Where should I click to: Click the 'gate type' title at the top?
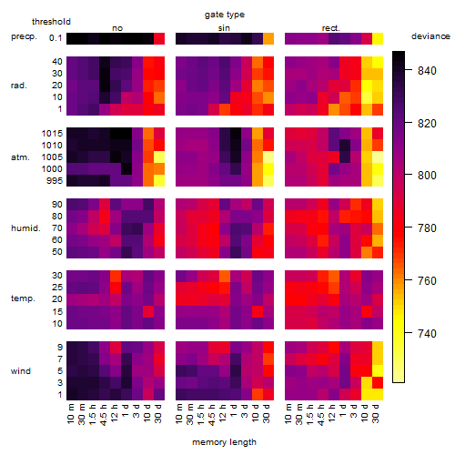(225, 15)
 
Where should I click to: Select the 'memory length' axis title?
(224, 442)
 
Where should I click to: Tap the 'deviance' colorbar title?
(430, 36)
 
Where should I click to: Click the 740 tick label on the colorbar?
(427, 333)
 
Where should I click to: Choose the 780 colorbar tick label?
(427, 227)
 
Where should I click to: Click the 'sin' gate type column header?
(224, 28)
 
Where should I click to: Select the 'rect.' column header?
(330, 28)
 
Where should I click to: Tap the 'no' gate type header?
(117, 28)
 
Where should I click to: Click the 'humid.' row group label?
(25, 228)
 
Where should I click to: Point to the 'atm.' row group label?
(20, 157)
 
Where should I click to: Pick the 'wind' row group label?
(21, 371)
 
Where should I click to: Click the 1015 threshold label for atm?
(52, 134)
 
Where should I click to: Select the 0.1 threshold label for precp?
(56, 38)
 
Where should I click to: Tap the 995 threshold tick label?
(55, 181)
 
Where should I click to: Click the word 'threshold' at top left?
(51, 22)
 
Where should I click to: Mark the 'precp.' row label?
(24, 36)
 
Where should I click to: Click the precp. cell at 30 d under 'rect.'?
(378, 39)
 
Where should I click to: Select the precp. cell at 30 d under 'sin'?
(268, 39)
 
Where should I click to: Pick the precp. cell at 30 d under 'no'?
(159, 39)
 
